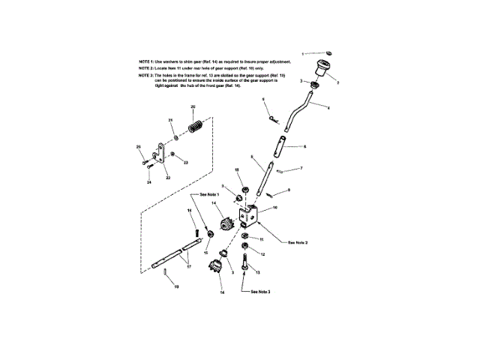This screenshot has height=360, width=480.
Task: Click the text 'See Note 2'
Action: pyautogui.click(x=298, y=241)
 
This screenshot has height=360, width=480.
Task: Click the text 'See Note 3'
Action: pyautogui.click(x=259, y=291)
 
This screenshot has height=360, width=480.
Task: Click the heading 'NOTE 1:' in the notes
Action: pyautogui.click(x=147, y=59)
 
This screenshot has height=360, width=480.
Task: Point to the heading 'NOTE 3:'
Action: pyautogui.click(x=147, y=76)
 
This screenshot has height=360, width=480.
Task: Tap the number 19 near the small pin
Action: pyautogui.click(x=178, y=286)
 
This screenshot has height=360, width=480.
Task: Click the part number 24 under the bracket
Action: pyautogui.click(x=149, y=182)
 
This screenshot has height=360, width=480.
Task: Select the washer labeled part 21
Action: pyautogui.click(x=175, y=137)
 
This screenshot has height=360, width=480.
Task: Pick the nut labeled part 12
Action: pyautogui.click(x=245, y=247)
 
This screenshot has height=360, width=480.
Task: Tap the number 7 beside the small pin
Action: pyautogui.click(x=301, y=169)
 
